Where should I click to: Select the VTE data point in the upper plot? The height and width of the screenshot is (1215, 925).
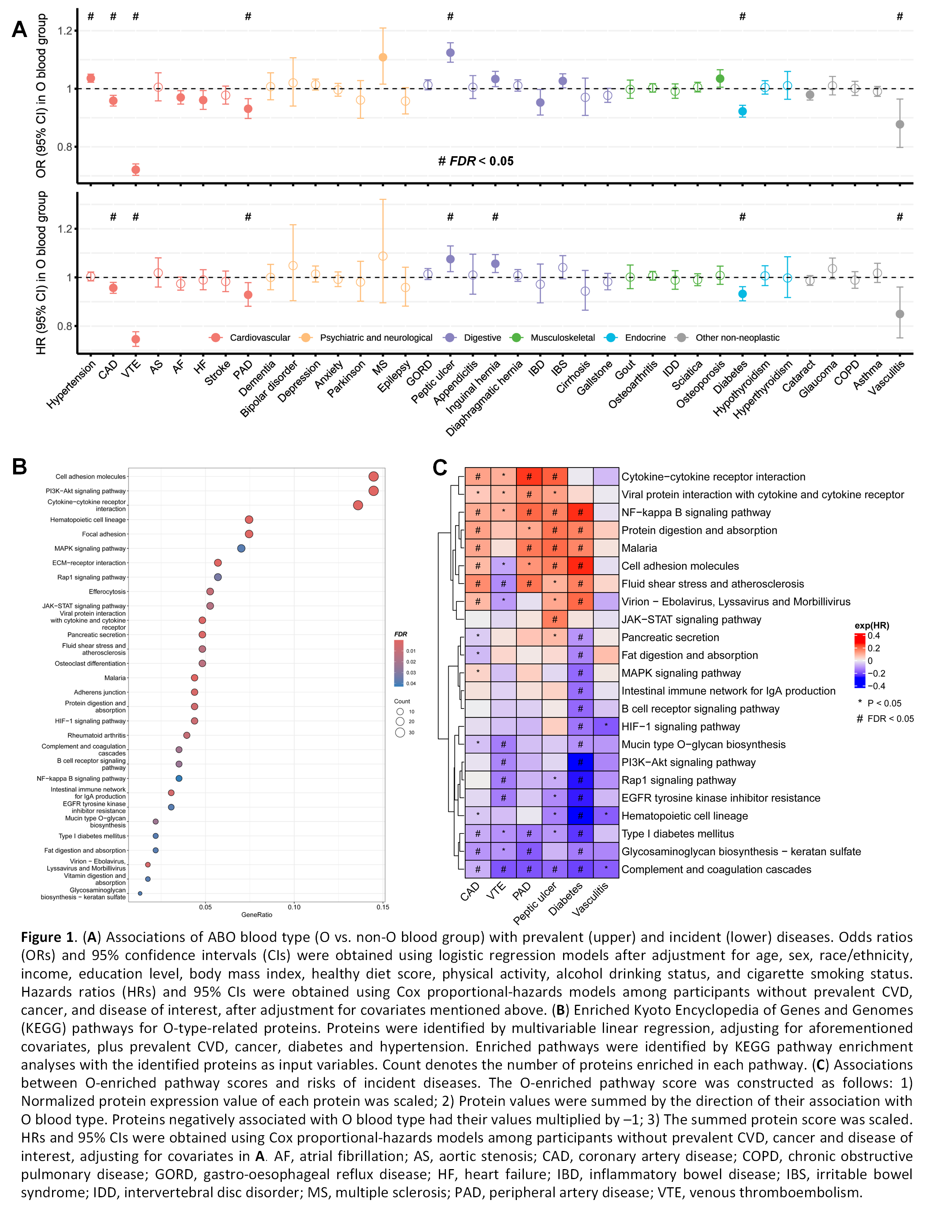click(x=135, y=170)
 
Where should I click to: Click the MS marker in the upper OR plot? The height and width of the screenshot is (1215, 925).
click(x=383, y=57)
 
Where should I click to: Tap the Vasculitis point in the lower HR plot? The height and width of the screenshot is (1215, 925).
click(x=900, y=314)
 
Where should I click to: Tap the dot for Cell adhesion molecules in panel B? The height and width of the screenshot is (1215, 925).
click(x=373, y=477)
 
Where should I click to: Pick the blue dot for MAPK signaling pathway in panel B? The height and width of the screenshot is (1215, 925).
click(x=241, y=548)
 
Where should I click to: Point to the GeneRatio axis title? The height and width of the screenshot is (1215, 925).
click(x=257, y=915)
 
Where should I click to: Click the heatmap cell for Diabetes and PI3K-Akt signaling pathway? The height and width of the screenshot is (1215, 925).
click(x=580, y=762)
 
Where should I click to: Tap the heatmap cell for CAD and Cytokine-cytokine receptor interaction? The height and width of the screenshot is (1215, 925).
click(x=478, y=477)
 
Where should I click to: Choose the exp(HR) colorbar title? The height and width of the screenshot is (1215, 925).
click(x=871, y=625)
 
